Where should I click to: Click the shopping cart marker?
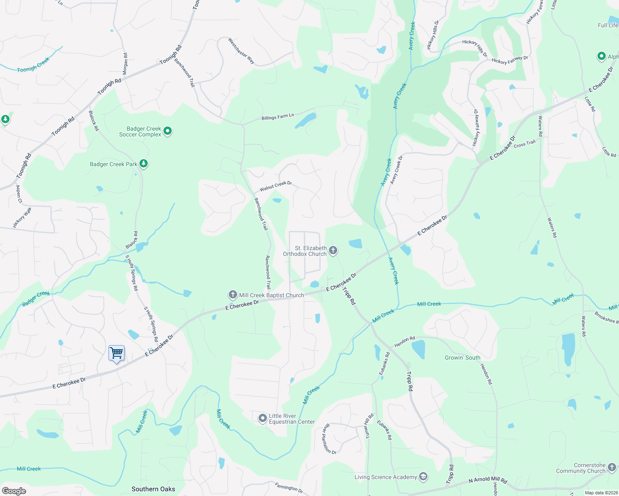point(117,353)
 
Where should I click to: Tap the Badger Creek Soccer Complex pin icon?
point(168,131)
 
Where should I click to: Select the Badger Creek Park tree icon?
point(144,164)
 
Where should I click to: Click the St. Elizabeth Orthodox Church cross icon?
point(333,250)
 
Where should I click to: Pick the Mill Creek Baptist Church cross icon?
point(233,295)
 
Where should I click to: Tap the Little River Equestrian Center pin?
point(262,418)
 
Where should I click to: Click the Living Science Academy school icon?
point(423,477)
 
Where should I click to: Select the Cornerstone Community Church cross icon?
point(612,467)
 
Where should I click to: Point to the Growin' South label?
point(462,358)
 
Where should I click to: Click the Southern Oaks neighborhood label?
point(153,489)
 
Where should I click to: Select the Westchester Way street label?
point(241,51)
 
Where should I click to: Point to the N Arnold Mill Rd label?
point(488,480)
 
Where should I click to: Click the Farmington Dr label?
point(289,488)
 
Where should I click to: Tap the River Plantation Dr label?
point(329,439)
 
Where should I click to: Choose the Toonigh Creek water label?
point(33,65)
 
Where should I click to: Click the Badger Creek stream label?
point(36,298)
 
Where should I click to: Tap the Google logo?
point(14,491)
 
